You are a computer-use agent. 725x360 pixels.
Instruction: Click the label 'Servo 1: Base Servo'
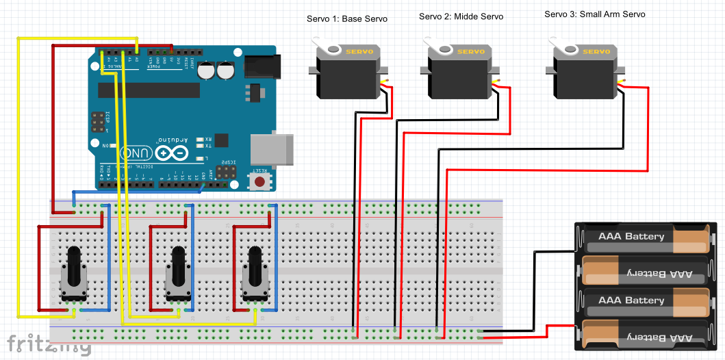pyautogui.click(x=346, y=18)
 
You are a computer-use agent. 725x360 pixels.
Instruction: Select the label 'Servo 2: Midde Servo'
pyautogui.click(x=461, y=16)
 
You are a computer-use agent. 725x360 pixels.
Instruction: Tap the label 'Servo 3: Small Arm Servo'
pyautogui.click(x=594, y=14)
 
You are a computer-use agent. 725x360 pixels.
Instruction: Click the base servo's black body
pyautogui.click(x=348, y=77)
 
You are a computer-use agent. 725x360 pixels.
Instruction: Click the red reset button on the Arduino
pyautogui.click(x=260, y=181)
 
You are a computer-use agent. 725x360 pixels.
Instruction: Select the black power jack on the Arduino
pyautogui.click(x=259, y=65)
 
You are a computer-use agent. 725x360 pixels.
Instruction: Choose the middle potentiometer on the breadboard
pyautogui.click(x=177, y=277)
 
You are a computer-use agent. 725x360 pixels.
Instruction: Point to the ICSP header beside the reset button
pyautogui.click(x=225, y=170)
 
